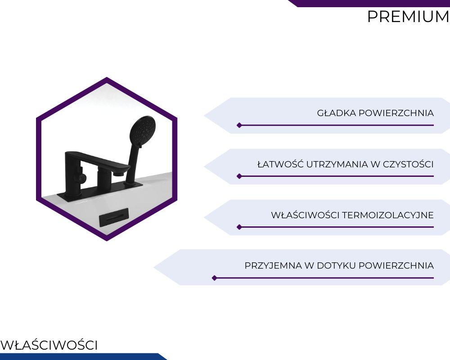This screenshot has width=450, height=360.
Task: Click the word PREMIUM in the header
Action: pos(408,16)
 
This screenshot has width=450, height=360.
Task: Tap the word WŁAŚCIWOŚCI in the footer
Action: pos(49,345)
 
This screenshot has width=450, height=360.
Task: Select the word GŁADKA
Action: pos(337,113)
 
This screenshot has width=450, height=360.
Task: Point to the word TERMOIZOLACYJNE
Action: pos(388,215)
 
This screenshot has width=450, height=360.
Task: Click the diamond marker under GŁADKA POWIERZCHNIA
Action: pos(239,125)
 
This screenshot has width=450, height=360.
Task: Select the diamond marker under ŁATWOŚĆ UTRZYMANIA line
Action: pos(239,176)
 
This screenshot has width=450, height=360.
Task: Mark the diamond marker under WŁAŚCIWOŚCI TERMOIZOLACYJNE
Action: pos(239,227)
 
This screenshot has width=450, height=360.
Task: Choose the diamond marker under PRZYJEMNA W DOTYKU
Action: pos(214,278)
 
